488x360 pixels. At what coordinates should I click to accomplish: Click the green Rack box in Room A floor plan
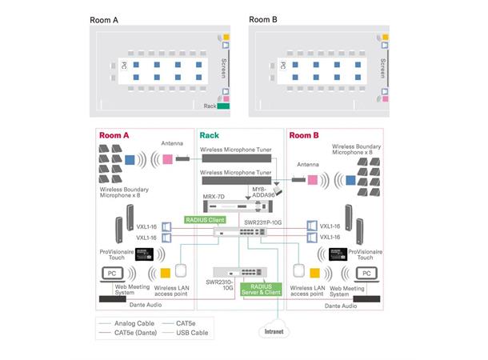(x=223, y=106)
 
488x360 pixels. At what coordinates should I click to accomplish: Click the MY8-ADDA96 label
(x=266, y=193)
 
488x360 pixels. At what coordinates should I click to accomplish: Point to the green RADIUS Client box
(x=205, y=219)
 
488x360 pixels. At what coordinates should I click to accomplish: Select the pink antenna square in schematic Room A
(x=168, y=159)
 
